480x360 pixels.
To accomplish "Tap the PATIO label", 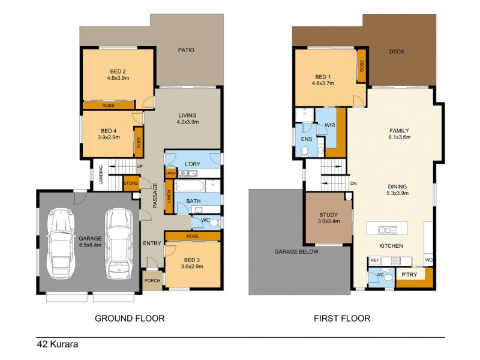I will pos(186,50).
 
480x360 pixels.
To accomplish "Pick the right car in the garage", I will pos(118,242).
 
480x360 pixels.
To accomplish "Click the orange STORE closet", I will pos(131,183).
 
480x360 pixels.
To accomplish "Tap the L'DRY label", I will pos(192,164).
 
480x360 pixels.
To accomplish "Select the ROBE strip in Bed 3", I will pos(193,236).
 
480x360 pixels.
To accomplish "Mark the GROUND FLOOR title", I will pos(130,318).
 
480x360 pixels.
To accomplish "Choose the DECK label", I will pos(397,52).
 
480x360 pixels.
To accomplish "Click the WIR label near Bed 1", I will pos(329,125).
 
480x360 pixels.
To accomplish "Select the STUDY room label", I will pos(328,215).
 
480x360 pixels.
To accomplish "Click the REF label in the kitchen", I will pos(374,260).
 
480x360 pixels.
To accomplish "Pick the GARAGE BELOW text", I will pos(296,251).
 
